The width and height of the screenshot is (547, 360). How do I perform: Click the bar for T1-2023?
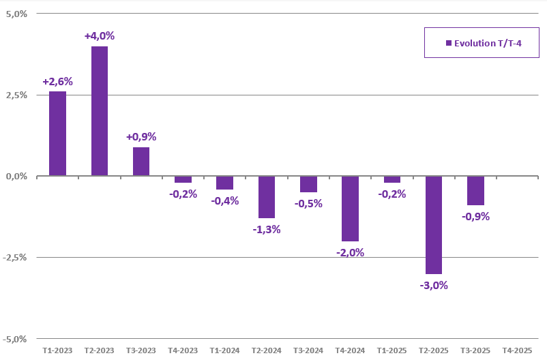[57, 134]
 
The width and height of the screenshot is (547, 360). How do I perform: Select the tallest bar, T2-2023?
[100, 111]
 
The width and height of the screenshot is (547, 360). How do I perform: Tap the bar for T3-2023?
[141, 162]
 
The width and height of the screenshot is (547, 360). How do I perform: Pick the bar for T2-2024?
[267, 197]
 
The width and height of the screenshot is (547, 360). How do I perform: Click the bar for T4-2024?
[350, 209]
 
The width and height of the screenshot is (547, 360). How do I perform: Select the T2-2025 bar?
[434, 225]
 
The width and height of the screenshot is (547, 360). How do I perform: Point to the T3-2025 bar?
[475, 191]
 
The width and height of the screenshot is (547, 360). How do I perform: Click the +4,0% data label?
[100, 35]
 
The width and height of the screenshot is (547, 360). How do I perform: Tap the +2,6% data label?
[57, 81]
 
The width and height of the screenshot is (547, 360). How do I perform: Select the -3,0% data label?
[434, 285]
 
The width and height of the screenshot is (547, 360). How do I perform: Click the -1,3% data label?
[267, 229]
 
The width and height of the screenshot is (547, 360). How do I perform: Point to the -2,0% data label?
[350, 252]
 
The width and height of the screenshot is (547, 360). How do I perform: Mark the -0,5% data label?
[308, 203]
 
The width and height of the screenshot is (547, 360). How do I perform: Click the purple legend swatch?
[448, 43]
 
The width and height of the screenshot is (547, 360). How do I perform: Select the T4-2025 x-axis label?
[517, 350]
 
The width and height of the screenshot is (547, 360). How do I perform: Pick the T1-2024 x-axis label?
[224, 350]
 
